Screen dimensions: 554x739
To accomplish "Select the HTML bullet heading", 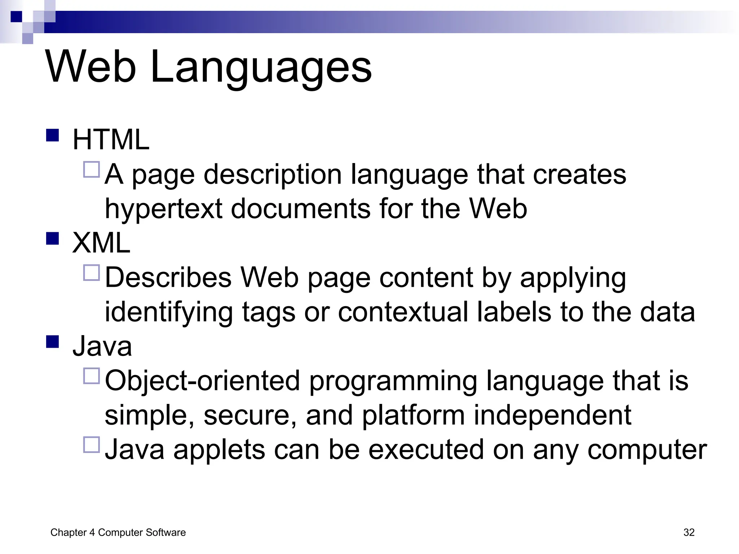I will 111,140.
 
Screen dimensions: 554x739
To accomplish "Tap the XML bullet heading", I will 101,243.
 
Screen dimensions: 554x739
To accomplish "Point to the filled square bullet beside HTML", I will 53,136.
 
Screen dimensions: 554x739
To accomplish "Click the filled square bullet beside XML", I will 53,239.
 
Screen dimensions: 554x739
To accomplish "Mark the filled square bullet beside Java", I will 53,342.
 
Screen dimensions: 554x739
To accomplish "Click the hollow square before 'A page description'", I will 91,170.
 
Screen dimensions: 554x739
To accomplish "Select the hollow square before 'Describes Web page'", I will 91,273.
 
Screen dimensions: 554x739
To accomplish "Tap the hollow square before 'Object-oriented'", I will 91,376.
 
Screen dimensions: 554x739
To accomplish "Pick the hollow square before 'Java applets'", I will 91,445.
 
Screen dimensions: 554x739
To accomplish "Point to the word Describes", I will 168,278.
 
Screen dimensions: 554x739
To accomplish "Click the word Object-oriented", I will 202,381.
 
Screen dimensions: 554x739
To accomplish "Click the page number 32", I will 689,532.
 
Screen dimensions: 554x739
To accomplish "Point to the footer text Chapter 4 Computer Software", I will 118,532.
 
